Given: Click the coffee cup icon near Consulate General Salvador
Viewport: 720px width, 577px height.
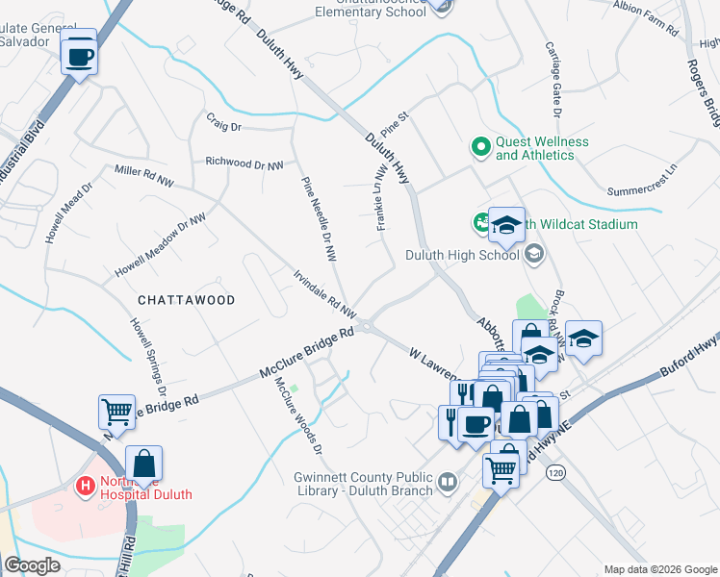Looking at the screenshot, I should click(79, 55).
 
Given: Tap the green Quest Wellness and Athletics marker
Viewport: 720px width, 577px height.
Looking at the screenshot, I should click(480, 147).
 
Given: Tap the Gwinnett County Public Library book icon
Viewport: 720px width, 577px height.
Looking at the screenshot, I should click(447, 481).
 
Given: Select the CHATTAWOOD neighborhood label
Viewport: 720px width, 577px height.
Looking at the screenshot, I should click(187, 300).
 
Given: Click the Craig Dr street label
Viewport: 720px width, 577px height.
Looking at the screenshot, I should click(223, 126).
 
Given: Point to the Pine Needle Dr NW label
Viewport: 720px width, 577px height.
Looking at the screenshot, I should click(320, 219).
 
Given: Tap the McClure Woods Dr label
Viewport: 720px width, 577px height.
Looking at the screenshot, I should click(298, 414).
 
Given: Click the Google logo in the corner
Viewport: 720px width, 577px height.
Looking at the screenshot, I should click(33, 565).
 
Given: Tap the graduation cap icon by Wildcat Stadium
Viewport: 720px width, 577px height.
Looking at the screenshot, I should click(506, 226).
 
